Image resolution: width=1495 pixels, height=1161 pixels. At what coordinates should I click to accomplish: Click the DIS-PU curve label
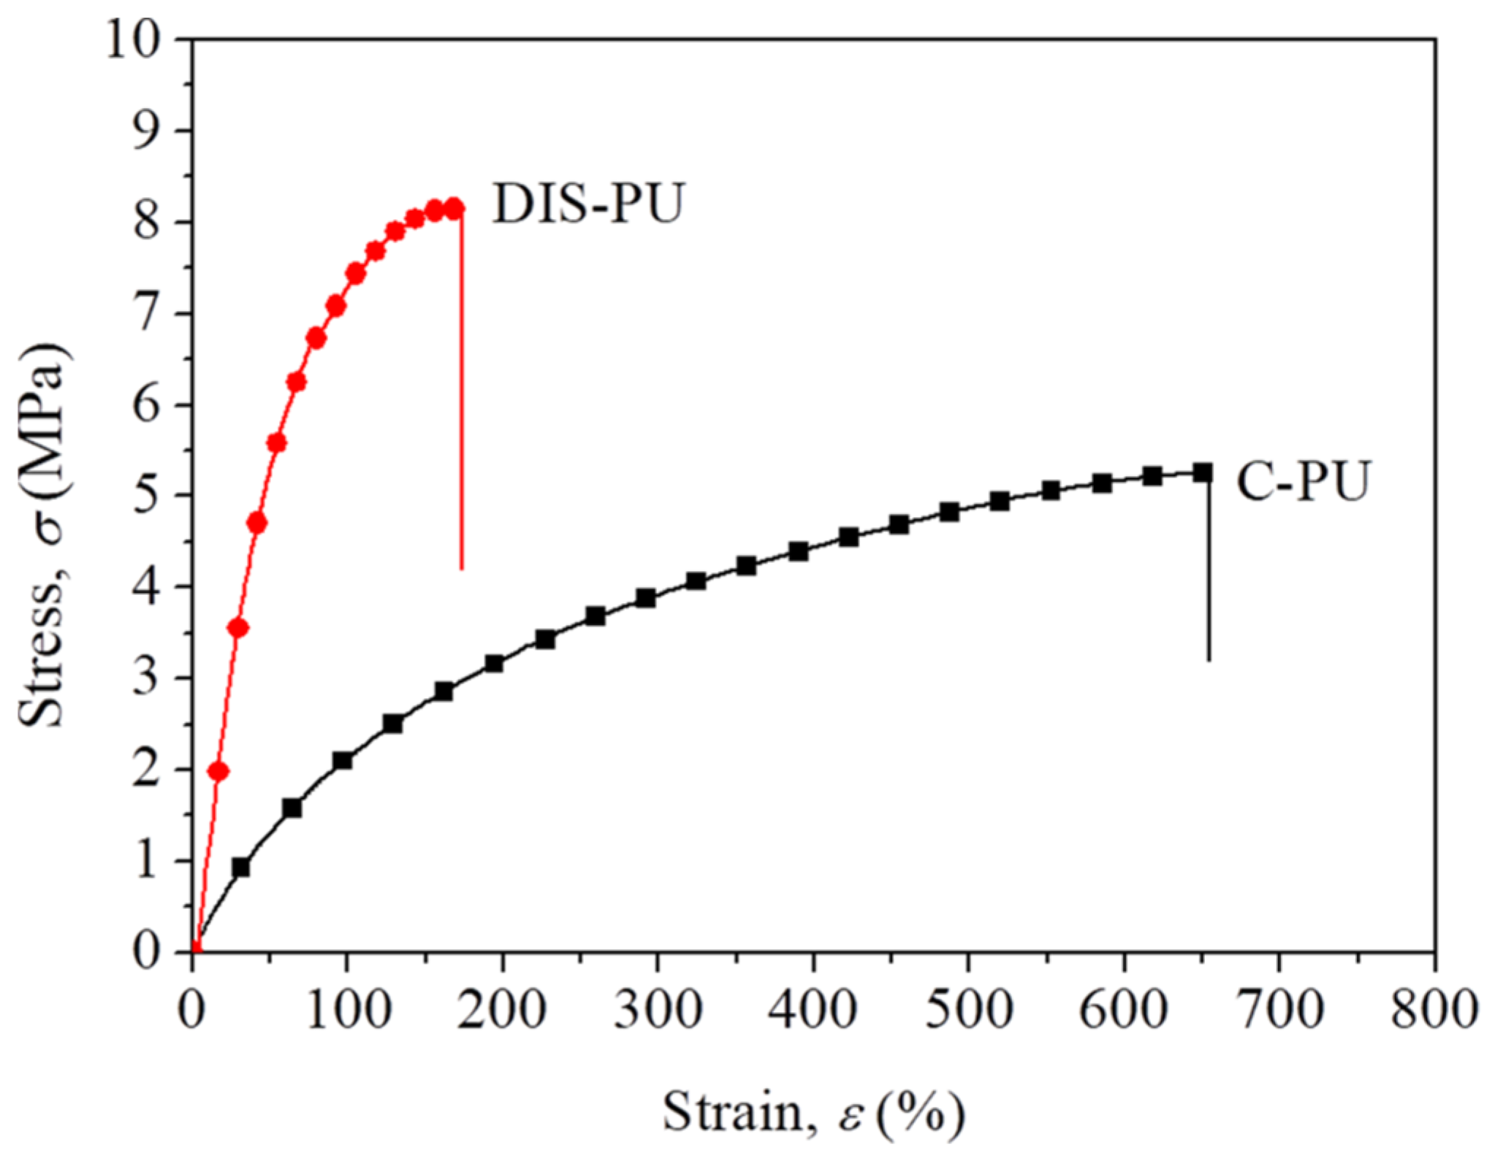point(588,204)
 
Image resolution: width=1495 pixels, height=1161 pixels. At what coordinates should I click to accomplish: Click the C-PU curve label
point(1301,481)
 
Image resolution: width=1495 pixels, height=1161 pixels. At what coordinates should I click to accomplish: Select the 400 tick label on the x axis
point(813,1011)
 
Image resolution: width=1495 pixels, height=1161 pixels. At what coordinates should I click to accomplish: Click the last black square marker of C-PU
point(1203,473)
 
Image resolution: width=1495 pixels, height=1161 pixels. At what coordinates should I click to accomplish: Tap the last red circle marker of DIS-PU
point(454,208)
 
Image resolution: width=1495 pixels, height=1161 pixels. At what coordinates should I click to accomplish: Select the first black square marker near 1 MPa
point(240,867)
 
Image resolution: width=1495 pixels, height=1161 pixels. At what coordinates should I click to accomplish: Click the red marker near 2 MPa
point(218,772)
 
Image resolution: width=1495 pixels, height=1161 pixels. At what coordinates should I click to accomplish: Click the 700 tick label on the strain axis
point(1279,1011)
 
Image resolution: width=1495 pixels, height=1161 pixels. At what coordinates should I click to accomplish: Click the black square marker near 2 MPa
point(342,761)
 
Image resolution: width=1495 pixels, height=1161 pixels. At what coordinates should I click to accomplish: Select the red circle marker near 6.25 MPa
point(296,382)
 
